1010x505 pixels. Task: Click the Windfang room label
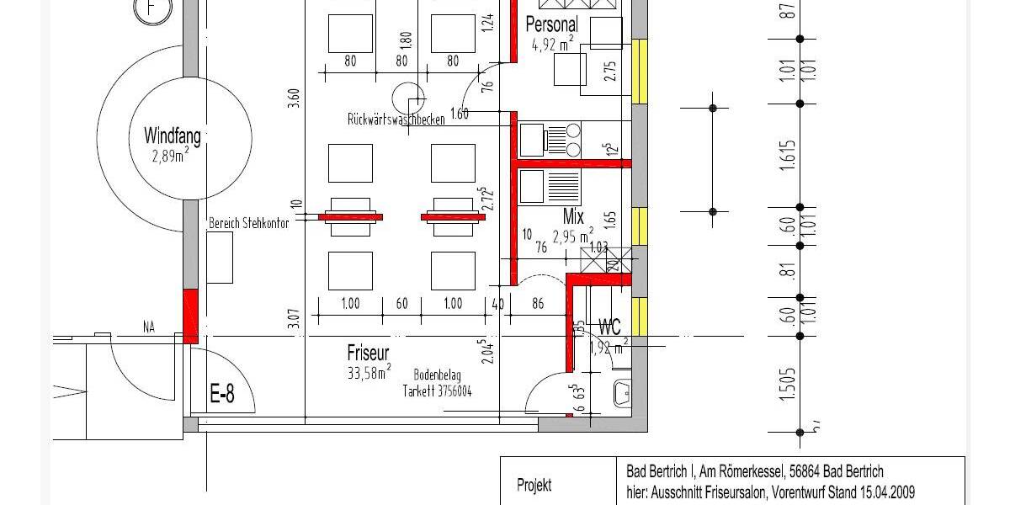(x=172, y=136)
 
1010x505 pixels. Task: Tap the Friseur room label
(x=368, y=352)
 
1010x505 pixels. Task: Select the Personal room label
(x=551, y=24)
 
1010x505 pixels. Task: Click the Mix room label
(x=573, y=217)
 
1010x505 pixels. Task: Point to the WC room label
(x=609, y=327)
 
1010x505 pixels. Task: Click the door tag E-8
(x=221, y=394)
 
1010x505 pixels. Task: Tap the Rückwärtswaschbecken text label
(x=396, y=120)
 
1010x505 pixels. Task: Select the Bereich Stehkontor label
(x=248, y=224)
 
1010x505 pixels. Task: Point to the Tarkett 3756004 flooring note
(x=437, y=391)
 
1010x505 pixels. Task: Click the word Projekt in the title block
(x=534, y=485)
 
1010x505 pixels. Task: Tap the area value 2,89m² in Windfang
(x=170, y=156)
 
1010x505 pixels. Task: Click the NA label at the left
(x=149, y=327)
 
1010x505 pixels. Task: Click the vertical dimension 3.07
(x=293, y=319)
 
